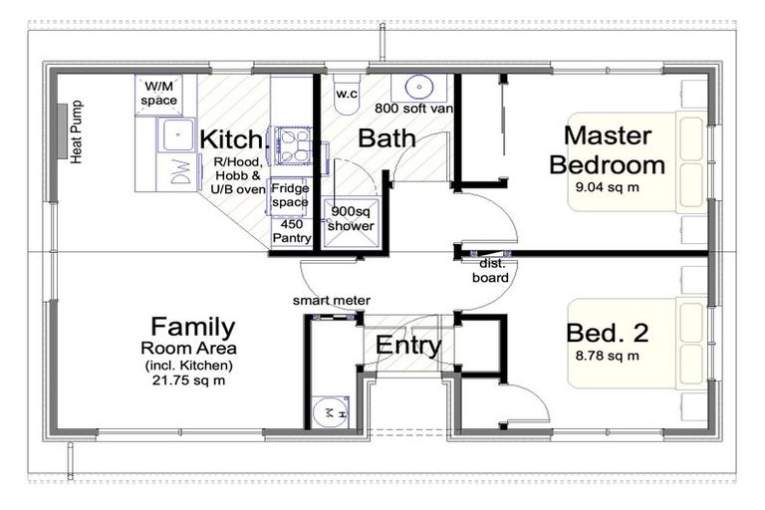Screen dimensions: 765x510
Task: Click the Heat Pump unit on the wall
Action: pos(63,130)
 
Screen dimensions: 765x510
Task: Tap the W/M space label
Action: pos(159,94)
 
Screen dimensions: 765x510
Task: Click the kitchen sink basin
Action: pos(177,134)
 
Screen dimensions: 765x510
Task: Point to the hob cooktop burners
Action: pos(293,144)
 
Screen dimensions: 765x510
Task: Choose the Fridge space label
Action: pos(290,195)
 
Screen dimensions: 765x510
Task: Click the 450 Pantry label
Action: pos(292,231)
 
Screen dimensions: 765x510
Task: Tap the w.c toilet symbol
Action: pos(347,95)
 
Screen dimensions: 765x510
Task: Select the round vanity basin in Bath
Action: pos(419,88)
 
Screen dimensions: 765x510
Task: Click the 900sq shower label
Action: pos(351,218)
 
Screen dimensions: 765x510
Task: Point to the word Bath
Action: pos(386,138)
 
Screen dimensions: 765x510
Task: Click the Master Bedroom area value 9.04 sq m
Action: pos(608,187)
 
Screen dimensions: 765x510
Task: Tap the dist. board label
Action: pos(491,270)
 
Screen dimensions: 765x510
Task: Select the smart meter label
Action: pos(332,301)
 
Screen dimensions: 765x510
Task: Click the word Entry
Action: pos(408,346)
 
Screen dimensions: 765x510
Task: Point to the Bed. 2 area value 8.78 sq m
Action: pos(608,356)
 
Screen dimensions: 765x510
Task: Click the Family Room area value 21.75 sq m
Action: pos(189,381)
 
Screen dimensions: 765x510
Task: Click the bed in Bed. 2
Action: pos(637,343)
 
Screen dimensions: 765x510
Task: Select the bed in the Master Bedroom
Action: pos(637,162)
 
